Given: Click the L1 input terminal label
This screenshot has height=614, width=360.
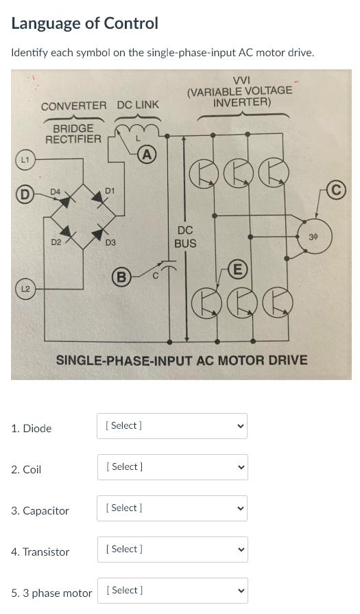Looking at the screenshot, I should point(23,160).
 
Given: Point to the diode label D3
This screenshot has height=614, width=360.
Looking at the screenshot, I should point(110,242).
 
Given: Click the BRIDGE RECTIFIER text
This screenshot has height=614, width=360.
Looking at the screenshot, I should point(73,134).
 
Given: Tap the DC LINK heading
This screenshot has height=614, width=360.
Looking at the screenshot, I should point(138,105).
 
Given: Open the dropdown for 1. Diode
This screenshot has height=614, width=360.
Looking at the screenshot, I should point(171,426).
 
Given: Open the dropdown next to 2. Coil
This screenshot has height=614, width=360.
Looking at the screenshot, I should point(171,467).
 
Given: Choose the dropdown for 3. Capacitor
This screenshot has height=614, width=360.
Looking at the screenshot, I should point(171,508).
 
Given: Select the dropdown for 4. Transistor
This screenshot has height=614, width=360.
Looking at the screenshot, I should point(171,550).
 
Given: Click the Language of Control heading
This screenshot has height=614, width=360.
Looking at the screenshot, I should point(85,23).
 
